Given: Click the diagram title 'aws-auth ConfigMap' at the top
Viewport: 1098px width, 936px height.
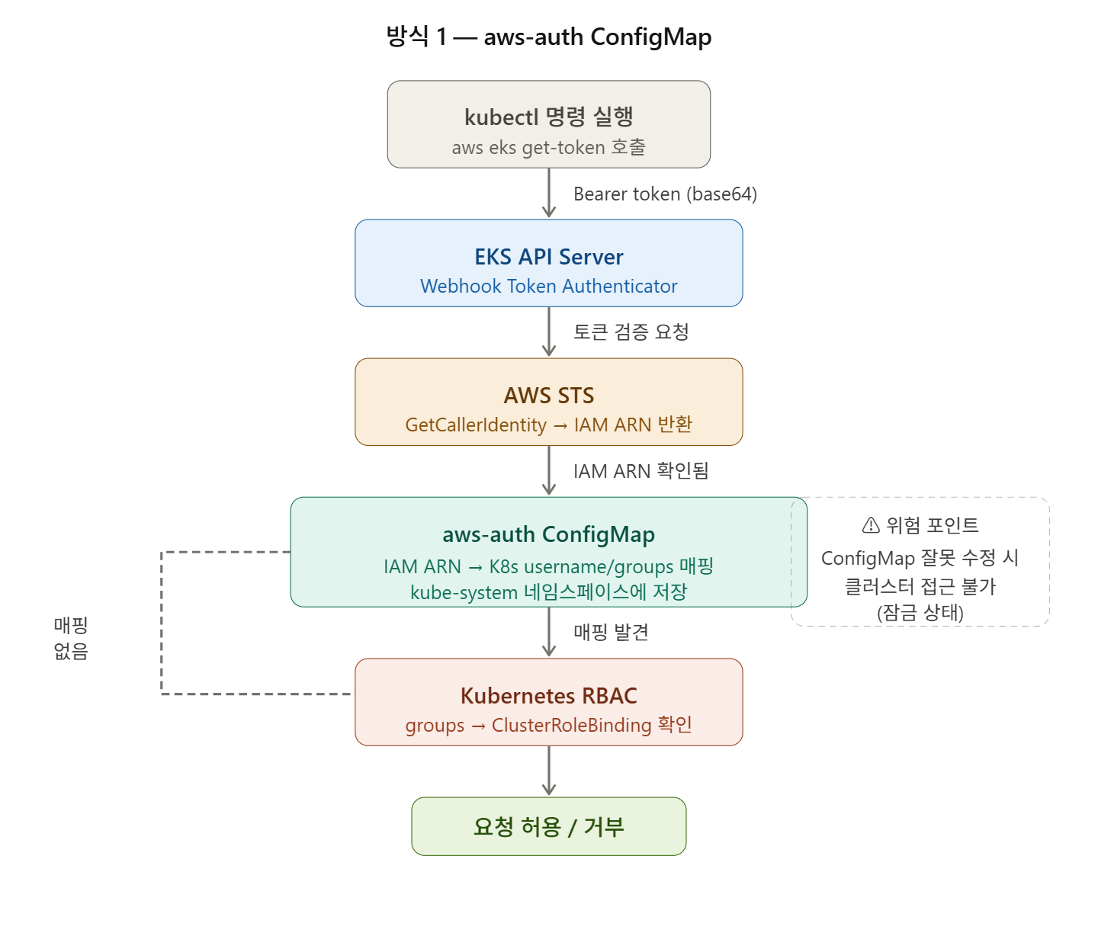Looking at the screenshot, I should pos(549,37).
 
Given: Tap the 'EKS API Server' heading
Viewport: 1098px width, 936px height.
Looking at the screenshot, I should pos(549,257).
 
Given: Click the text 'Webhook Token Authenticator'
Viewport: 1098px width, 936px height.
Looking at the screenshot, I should pos(549,287).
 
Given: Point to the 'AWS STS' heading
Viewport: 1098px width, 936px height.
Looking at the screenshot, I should pos(549,396).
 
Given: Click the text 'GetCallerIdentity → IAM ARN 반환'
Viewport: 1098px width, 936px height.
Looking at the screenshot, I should pos(549,425).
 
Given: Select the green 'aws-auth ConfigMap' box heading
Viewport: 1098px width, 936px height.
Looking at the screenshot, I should pos(549,534).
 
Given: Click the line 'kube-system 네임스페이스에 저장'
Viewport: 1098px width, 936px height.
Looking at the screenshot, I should pos(549,592).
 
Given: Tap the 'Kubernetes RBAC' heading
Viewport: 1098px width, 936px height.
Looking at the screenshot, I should pos(549,696).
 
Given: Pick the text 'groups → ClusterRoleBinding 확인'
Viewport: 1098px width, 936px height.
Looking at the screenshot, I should pos(549,725).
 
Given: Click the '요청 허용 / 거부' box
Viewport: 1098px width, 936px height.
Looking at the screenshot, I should pos(549,826).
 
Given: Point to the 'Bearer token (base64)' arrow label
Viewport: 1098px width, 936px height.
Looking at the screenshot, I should pos(665,194).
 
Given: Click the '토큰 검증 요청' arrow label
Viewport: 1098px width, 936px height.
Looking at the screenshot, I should pos(631,332).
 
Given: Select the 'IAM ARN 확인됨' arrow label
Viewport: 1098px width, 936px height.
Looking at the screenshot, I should pos(640,471).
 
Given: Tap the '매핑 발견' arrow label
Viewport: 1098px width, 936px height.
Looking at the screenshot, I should pos(611,632).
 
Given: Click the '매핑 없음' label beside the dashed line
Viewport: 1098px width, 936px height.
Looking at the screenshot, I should pos(71,638).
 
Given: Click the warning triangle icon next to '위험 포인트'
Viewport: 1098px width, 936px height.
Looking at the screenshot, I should pos(871,525).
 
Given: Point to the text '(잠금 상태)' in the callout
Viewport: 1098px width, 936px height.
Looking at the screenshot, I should pos(920,613).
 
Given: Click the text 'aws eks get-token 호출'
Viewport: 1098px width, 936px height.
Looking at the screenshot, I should pos(549,147).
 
